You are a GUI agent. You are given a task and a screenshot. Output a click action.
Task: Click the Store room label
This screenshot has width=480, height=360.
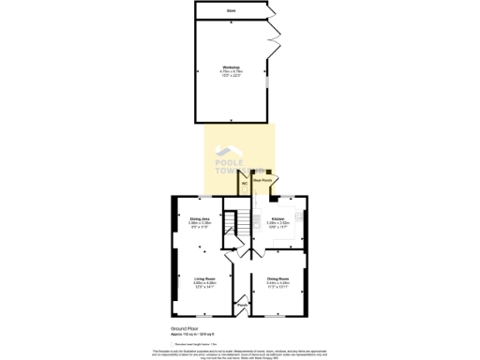[x=231, y=10]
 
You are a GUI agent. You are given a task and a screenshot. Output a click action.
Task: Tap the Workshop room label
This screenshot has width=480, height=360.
[x=230, y=67]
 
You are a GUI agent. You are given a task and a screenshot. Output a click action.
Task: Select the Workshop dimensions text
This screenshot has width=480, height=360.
[x=230, y=74]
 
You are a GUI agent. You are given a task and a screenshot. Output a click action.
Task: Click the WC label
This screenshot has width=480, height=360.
[x=245, y=183]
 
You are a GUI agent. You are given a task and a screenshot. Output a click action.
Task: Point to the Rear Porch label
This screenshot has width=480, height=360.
[x=263, y=180]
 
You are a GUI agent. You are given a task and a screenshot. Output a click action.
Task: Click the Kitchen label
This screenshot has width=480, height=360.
[x=277, y=218]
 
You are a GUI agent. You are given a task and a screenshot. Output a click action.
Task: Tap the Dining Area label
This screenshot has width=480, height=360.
[x=199, y=218]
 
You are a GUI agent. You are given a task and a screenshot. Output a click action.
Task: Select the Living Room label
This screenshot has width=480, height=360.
[x=204, y=278]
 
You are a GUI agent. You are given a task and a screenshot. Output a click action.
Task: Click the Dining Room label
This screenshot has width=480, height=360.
[x=277, y=278]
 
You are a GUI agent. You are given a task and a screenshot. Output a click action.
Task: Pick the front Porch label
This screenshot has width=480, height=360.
[x=241, y=305]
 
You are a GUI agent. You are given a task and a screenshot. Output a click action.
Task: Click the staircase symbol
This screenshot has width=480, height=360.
[x=241, y=223]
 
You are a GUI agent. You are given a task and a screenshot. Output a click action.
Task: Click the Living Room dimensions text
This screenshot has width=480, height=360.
[x=204, y=286]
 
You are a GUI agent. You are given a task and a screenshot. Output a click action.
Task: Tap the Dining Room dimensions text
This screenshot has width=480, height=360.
[x=277, y=286]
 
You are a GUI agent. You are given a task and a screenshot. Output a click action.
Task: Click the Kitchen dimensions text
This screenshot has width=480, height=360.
[x=277, y=225]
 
